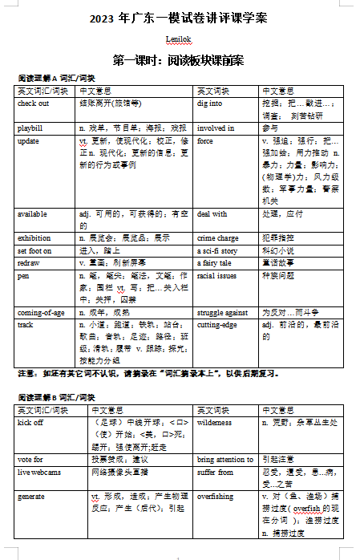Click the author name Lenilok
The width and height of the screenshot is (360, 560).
click(x=179, y=39)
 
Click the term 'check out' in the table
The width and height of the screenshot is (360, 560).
click(x=34, y=103)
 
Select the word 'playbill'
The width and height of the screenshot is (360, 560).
click(x=30, y=128)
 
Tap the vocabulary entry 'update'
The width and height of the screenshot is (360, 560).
click(x=28, y=140)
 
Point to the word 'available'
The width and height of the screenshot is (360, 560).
click(x=32, y=214)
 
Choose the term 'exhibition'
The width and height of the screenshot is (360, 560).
click(x=34, y=238)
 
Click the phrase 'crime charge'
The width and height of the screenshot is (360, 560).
click(x=219, y=238)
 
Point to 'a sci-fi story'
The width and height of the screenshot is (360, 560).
click(x=219, y=250)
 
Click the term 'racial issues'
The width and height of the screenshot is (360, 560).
click(x=217, y=274)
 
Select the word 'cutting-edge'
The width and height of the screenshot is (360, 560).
click(x=218, y=325)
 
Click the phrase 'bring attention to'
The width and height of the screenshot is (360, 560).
click(x=225, y=460)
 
